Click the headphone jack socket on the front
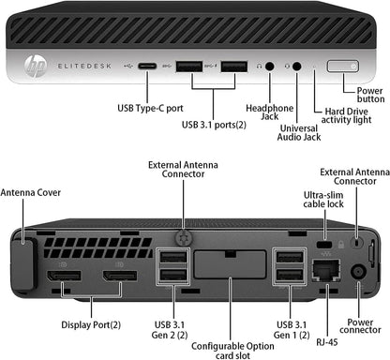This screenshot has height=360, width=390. pyautogui.click(x=271, y=67)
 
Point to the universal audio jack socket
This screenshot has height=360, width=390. pyautogui.click(x=298, y=67)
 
